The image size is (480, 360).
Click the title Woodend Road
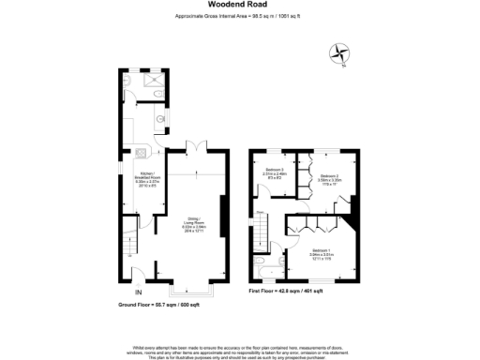pos(239,5)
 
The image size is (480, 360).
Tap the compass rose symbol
pos(341,53)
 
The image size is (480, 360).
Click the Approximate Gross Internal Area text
pos(239,16)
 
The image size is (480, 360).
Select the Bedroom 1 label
pos(323,252)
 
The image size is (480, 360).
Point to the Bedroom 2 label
pos(329,178)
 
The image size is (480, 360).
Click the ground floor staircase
pos(131,247)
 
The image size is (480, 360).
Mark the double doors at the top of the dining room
pos(192,147)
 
